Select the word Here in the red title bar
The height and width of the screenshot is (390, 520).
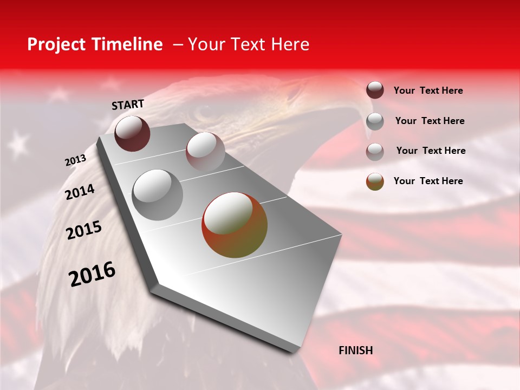(x=290, y=44)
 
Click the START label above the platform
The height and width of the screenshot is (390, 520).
(x=128, y=105)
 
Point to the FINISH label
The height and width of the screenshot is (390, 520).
(x=356, y=350)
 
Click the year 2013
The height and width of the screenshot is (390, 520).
(x=75, y=160)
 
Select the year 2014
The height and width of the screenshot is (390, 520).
(x=80, y=192)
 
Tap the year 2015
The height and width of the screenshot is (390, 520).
(x=84, y=231)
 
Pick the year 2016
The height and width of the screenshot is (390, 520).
(x=92, y=274)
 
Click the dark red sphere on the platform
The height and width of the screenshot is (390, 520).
(x=132, y=133)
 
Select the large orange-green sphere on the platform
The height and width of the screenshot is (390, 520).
(x=235, y=225)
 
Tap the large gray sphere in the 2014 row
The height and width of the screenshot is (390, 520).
(x=158, y=194)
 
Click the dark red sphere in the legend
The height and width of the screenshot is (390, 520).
(x=375, y=90)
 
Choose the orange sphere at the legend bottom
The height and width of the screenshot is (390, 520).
(x=375, y=181)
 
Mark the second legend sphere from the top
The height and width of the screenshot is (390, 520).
(x=375, y=121)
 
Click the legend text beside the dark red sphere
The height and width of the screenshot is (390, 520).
(x=428, y=91)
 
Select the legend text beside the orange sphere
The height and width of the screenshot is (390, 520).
(x=428, y=181)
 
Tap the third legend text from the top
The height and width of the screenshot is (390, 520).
(x=431, y=151)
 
